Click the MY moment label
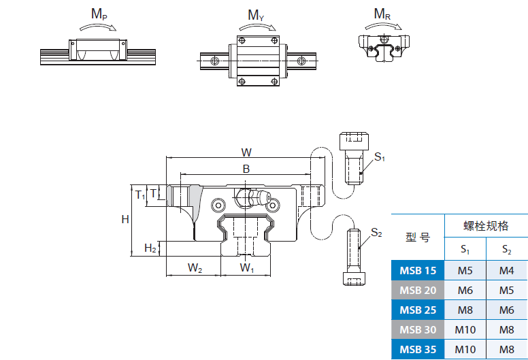(257, 15)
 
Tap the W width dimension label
(246, 152)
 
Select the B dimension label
(246, 169)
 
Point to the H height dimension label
(125, 219)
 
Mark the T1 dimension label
(140, 195)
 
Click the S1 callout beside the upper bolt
(380, 157)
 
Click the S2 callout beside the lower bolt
(376, 233)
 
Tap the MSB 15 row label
(418, 271)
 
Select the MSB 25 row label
(418, 310)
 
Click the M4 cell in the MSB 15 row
(507, 271)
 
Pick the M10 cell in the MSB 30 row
(465, 331)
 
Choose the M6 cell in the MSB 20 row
(465, 291)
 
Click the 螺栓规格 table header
(486, 226)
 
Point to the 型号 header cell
(418, 238)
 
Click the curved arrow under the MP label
(98, 27)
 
